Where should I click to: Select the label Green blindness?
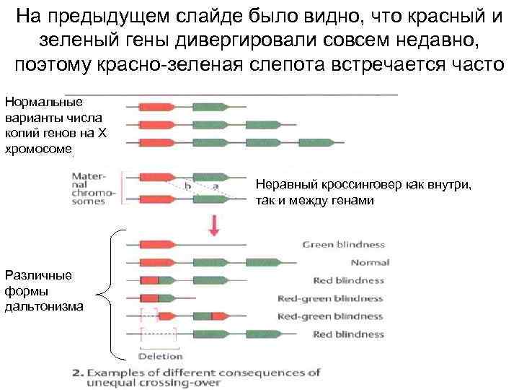343,245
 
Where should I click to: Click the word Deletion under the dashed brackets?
160,356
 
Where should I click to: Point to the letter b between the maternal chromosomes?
188,186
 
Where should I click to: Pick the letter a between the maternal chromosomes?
216,186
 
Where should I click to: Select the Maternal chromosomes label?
94,188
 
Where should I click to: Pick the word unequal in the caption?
97,383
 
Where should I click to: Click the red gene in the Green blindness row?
156,245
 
